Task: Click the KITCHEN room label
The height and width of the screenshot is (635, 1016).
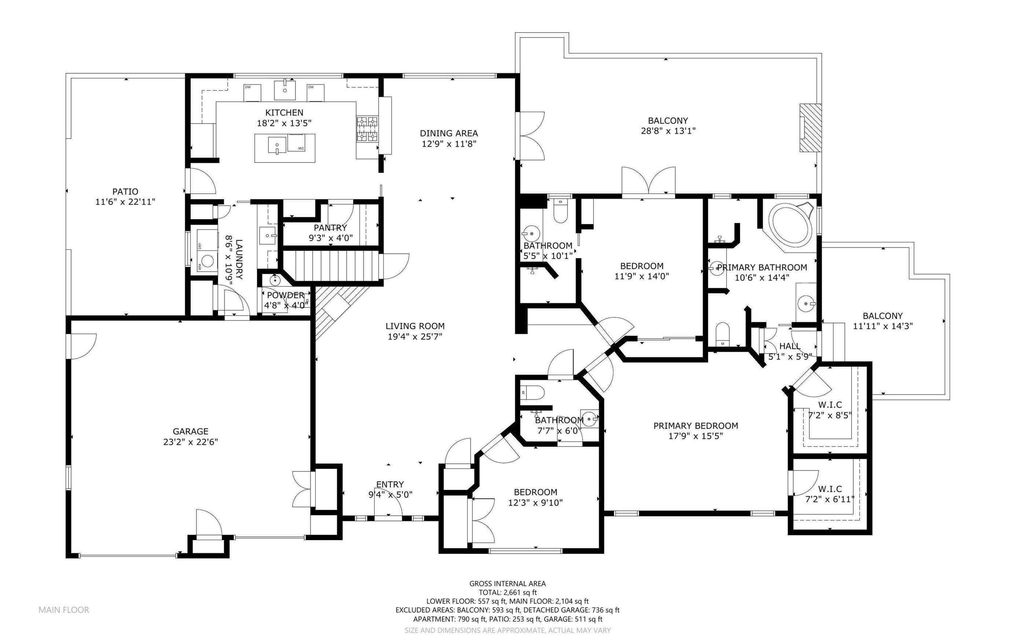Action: (284, 113)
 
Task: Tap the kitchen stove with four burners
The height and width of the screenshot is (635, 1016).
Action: (367, 129)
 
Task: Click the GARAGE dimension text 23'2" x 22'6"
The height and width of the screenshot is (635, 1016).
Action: (191, 442)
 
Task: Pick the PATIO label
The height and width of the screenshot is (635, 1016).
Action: (125, 191)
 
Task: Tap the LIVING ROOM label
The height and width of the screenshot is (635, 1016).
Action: (415, 326)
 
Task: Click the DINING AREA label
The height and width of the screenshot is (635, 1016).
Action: (449, 133)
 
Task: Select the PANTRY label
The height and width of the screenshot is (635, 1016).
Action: (330, 228)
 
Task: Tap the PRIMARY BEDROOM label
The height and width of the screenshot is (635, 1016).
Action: (696, 426)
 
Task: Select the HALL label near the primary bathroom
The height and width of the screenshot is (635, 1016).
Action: (790, 346)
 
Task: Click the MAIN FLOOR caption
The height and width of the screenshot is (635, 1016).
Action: (64, 610)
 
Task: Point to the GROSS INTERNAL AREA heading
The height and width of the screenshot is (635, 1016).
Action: (508, 583)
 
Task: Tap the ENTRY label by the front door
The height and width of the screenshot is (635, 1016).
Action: (390, 484)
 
